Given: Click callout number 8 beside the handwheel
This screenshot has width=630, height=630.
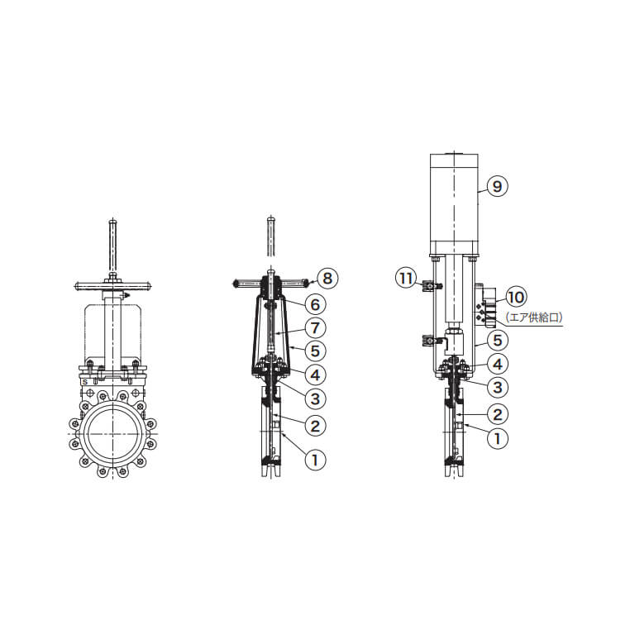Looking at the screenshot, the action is (x=327, y=278).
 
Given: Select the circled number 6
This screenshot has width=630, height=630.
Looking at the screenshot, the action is (x=315, y=304).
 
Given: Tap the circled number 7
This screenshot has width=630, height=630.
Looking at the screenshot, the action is (x=315, y=327).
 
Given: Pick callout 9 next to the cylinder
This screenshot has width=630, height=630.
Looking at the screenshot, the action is (x=498, y=186).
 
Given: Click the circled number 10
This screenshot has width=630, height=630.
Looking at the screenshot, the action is (x=516, y=298).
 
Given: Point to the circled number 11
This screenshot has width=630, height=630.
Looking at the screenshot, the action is (x=405, y=278).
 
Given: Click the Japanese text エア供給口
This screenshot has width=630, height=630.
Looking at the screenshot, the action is (x=534, y=317).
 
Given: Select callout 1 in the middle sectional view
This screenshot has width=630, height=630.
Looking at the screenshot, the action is (x=315, y=459).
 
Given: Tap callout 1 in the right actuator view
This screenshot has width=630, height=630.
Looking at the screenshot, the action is (x=498, y=438).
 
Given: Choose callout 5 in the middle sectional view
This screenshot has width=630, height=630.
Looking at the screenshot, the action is (x=315, y=351).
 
